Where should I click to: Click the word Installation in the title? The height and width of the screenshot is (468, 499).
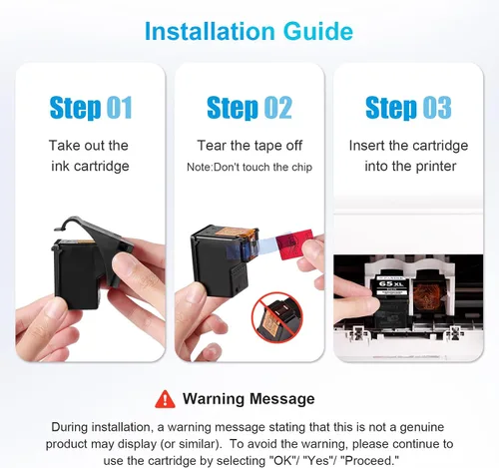click(x=211, y=31)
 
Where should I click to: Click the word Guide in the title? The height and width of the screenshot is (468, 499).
click(x=318, y=31)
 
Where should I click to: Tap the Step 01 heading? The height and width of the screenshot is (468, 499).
click(x=91, y=108)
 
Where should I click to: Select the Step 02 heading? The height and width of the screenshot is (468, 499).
click(x=249, y=108)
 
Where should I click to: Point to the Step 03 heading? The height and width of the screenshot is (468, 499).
click(x=408, y=108)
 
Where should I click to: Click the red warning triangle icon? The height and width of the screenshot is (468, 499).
click(x=165, y=399)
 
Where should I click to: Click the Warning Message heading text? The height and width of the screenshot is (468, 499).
click(x=249, y=399)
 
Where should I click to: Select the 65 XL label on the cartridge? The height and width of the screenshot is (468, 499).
click(x=391, y=283)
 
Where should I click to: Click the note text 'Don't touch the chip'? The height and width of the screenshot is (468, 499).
click(x=262, y=167)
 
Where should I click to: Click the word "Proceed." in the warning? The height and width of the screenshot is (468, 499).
click(x=371, y=460)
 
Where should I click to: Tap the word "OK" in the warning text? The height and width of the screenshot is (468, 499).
click(x=280, y=460)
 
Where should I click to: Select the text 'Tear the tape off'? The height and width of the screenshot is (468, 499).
click(x=249, y=146)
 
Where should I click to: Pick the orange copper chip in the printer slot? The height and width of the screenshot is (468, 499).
click(x=428, y=293)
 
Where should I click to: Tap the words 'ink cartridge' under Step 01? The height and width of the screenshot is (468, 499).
click(x=90, y=167)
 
